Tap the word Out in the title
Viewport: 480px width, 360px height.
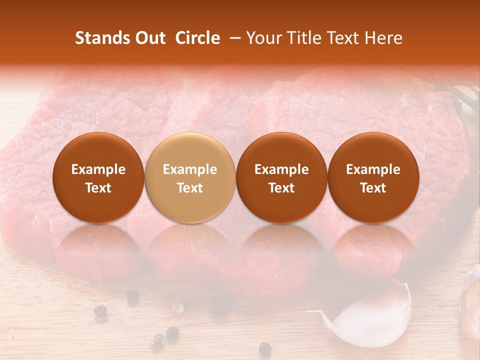click(x=149, y=38)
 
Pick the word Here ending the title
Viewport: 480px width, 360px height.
click(x=384, y=38)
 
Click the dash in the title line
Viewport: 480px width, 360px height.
click(x=233, y=38)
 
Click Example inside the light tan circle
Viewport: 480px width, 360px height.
click(x=190, y=169)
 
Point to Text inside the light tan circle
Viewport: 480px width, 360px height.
click(x=190, y=188)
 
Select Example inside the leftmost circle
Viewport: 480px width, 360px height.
click(x=98, y=169)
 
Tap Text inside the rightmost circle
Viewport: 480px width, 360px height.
click(x=373, y=188)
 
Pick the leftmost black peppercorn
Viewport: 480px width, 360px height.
click(x=100, y=311)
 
